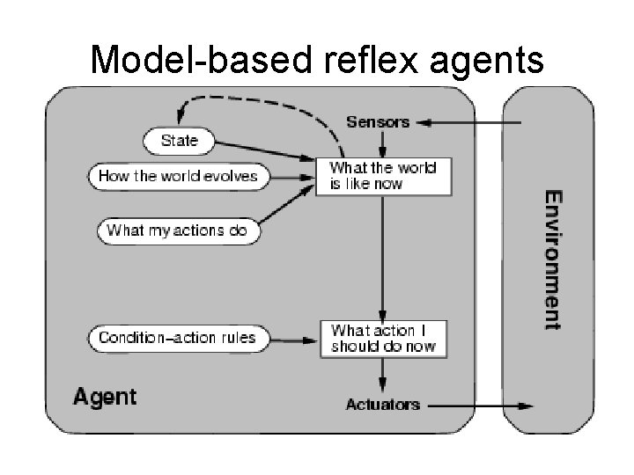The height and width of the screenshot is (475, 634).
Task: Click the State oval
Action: [179, 141]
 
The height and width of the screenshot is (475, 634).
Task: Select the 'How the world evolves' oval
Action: [179, 177]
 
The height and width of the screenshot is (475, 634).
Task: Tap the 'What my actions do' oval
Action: [179, 230]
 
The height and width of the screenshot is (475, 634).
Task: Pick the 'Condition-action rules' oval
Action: [178, 338]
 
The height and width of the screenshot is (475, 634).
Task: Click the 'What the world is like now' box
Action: [383, 177]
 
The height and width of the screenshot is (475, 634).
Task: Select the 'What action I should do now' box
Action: [383, 339]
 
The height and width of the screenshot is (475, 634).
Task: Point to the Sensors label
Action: [378, 122]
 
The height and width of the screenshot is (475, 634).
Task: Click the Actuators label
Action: [383, 405]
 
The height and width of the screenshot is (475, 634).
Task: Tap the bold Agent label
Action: [105, 397]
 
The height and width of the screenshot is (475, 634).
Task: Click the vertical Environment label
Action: [553, 259]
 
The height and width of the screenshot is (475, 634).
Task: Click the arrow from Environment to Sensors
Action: [468, 123]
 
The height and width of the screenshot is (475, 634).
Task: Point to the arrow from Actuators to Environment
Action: [481, 406]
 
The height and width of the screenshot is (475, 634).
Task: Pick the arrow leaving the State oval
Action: [265, 151]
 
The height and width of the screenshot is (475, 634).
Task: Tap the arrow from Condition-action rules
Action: [293, 340]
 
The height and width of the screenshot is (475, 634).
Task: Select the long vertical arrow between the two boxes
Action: [382, 259]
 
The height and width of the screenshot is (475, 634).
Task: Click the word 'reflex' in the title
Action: [371, 60]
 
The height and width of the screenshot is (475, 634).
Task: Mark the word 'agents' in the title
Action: [487, 62]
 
